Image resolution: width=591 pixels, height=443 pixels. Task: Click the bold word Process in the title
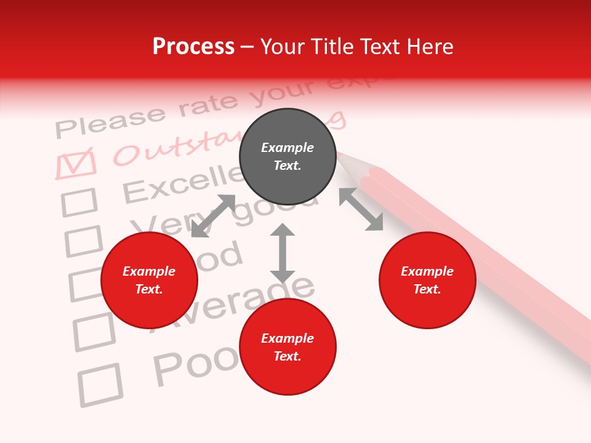pos(193,47)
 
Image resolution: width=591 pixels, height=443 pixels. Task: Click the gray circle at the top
pos(287,156)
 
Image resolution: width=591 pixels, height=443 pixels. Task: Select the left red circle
pos(149,280)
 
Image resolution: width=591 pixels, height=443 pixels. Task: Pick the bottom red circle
pos(287,347)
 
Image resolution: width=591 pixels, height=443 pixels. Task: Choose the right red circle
pos(427,280)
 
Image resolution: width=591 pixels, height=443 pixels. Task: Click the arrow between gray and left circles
pos(213,216)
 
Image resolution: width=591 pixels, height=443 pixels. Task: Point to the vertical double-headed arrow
pos(283,253)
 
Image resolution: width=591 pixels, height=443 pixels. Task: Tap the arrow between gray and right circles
pos(361,209)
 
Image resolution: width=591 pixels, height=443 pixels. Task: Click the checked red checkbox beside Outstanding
pos(76,164)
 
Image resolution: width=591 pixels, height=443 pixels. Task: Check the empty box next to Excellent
pos(79,202)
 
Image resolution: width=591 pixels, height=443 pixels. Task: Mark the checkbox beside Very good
pos(83,241)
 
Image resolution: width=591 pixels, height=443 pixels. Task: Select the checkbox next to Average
pos(94,332)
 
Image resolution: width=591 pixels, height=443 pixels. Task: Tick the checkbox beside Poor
pos(100,385)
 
